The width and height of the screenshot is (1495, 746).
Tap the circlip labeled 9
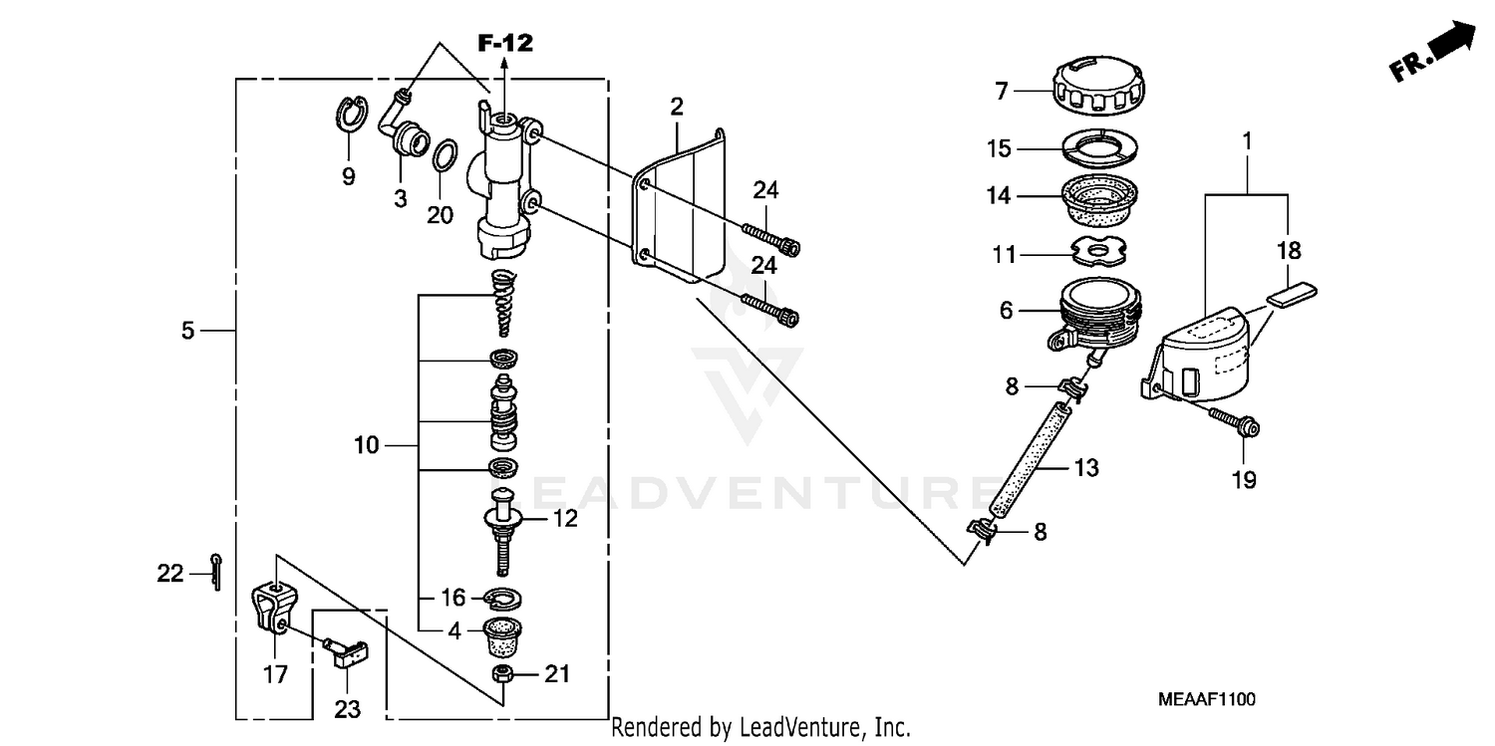point(348,118)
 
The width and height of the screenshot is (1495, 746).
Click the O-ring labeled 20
point(446,154)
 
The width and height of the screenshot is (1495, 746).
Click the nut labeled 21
point(503,674)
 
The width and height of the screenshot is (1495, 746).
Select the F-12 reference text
point(504,43)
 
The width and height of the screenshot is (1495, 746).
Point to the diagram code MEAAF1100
point(1207,700)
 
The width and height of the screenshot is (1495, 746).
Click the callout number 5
point(188,331)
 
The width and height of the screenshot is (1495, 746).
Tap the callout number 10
point(366,445)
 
